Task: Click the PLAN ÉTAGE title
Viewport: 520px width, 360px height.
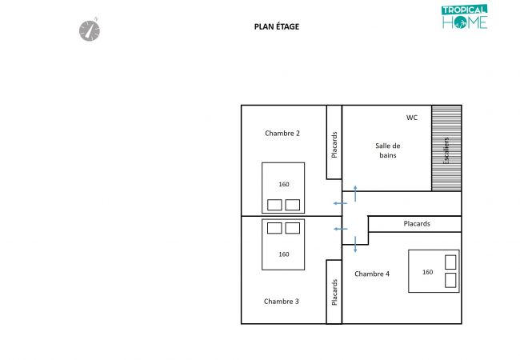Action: [277, 26]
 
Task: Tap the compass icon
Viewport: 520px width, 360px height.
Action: [90, 30]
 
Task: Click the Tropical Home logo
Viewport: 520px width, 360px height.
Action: [464, 17]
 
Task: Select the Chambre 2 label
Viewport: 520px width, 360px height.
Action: [282, 134]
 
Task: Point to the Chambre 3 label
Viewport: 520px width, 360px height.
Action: [282, 302]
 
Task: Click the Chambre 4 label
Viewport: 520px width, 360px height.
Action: [372, 274]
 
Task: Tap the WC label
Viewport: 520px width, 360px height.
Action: [412, 118]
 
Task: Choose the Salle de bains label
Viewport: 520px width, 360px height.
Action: [388, 150]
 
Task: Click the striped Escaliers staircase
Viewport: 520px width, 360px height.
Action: [446, 148]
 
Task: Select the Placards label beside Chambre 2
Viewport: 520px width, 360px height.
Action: [334, 145]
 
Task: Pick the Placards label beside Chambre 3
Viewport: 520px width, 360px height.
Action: [334, 292]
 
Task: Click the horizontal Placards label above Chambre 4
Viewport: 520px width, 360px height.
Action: [417, 224]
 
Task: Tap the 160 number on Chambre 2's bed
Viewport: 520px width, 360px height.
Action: [284, 184]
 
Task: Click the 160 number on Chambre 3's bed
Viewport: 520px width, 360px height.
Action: [284, 254]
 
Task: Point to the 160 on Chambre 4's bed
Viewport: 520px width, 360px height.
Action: [427, 272]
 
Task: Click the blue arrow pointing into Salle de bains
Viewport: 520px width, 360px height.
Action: [355, 194]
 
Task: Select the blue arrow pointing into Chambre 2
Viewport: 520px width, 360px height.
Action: [340, 203]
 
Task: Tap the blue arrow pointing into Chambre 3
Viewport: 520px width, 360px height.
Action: [340, 229]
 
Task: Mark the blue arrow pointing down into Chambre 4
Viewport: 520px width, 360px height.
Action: [355, 244]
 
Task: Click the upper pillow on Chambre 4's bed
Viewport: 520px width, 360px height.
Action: [450, 262]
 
